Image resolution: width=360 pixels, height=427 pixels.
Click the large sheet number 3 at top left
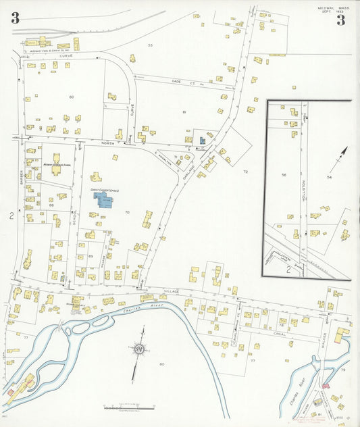pyautogui.click(x=15, y=19)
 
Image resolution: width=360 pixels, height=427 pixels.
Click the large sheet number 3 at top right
pyautogui.click(x=341, y=20)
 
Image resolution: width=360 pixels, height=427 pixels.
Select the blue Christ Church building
pyautogui.click(x=106, y=200)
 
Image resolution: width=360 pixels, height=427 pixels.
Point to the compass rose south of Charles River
pyautogui.click(x=140, y=349)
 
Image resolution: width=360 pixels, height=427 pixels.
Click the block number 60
pyautogui.click(x=71, y=97)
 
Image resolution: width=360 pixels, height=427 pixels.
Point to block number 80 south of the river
pyautogui.click(x=161, y=365)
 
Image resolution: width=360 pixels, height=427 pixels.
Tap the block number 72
pyautogui.click(x=246, y=172)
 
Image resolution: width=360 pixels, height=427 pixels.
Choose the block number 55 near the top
pyautogui.click(x=151, y=45)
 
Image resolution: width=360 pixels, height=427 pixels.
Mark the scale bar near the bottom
pyautogui.click(x=129, y=407)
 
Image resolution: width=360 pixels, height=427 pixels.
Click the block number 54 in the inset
pyautogui.click(x=330, y=176)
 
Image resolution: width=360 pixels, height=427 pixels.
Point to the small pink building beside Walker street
pyautogui.click(x=326, y=386)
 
